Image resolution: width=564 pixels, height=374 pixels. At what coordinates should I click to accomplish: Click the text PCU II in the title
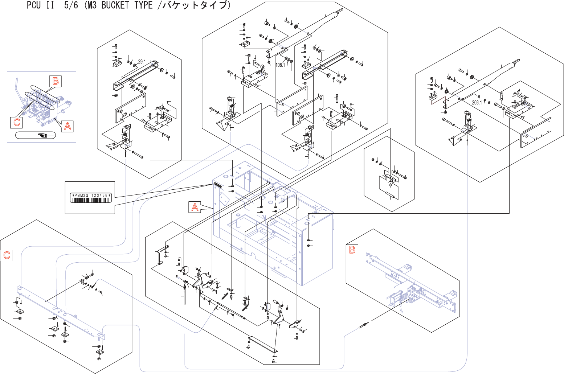pos(40,5)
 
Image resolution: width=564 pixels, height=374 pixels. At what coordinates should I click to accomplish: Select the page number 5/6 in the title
pos(71,5)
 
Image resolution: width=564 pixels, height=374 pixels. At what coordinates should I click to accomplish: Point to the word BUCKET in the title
pos(114,5)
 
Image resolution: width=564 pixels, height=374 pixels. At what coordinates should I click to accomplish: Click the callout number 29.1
pos(142,61)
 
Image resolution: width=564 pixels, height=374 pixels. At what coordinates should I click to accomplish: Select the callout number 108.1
pos(280,65)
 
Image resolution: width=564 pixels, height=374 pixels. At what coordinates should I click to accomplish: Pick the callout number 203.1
pos(477,102)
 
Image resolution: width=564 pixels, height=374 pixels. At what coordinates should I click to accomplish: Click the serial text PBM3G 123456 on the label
pos(91,195)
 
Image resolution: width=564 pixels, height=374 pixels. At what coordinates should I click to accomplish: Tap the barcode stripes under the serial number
pos(91,200)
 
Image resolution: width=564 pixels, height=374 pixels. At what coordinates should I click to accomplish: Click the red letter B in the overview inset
pos(56,81)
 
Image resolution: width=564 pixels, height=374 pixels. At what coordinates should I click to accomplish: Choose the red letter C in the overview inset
pos(17,122)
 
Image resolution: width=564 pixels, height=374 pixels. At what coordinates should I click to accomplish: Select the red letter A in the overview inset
pos(67,126)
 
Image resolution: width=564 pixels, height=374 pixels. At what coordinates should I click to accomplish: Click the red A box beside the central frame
pos(195,207)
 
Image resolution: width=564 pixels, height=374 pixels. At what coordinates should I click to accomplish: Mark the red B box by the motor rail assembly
pos(352,250)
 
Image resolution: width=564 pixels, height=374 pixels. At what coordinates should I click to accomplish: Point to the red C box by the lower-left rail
pos(6,255)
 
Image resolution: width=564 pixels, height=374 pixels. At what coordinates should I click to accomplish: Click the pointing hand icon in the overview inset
pos(43,136)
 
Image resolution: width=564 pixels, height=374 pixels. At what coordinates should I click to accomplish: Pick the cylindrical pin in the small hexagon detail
pos(392,195)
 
